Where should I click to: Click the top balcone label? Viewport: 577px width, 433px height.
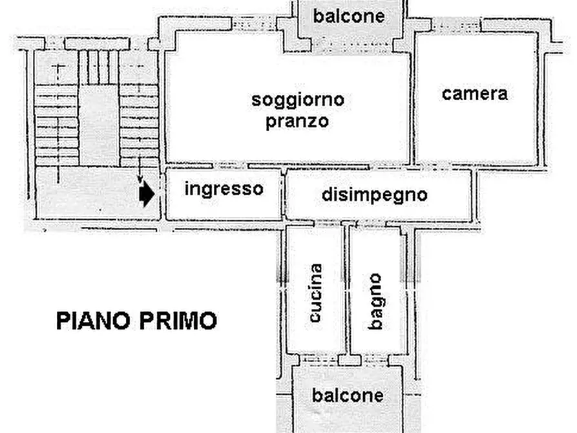(x=348, y=16)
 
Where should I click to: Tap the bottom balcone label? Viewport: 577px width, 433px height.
(x=348, y=395)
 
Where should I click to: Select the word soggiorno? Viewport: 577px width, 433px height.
(x=298, y=100)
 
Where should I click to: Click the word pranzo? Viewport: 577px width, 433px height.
(x=297, y=121)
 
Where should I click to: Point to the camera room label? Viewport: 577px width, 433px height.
(x=475, y=94)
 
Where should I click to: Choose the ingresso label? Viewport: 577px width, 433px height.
(x=224, y=189)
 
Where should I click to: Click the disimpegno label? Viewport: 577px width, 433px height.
(x=374, y=195)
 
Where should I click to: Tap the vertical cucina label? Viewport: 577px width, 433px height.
(x=315, y=293)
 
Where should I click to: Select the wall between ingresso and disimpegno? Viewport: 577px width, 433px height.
(x=284, y=195)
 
